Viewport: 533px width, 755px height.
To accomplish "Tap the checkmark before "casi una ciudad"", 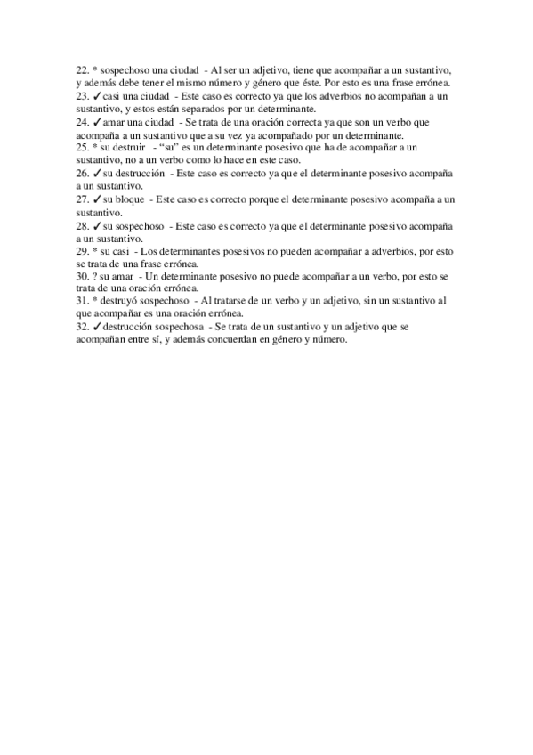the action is (x=97, y=95).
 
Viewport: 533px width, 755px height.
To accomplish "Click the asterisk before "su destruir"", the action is (x=94, y=147).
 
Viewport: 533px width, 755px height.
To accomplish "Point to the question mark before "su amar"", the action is (x=94, y=276).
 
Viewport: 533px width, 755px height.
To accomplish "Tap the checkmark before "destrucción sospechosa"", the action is (x=97, y=328).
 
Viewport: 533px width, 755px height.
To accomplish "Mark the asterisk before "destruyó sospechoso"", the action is (x=94, y=302).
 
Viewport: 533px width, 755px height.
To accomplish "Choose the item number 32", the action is (x=82, y=328).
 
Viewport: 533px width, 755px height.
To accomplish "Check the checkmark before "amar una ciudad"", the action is (x=97, y=121).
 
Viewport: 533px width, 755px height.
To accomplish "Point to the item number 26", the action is (x=82, y=173).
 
